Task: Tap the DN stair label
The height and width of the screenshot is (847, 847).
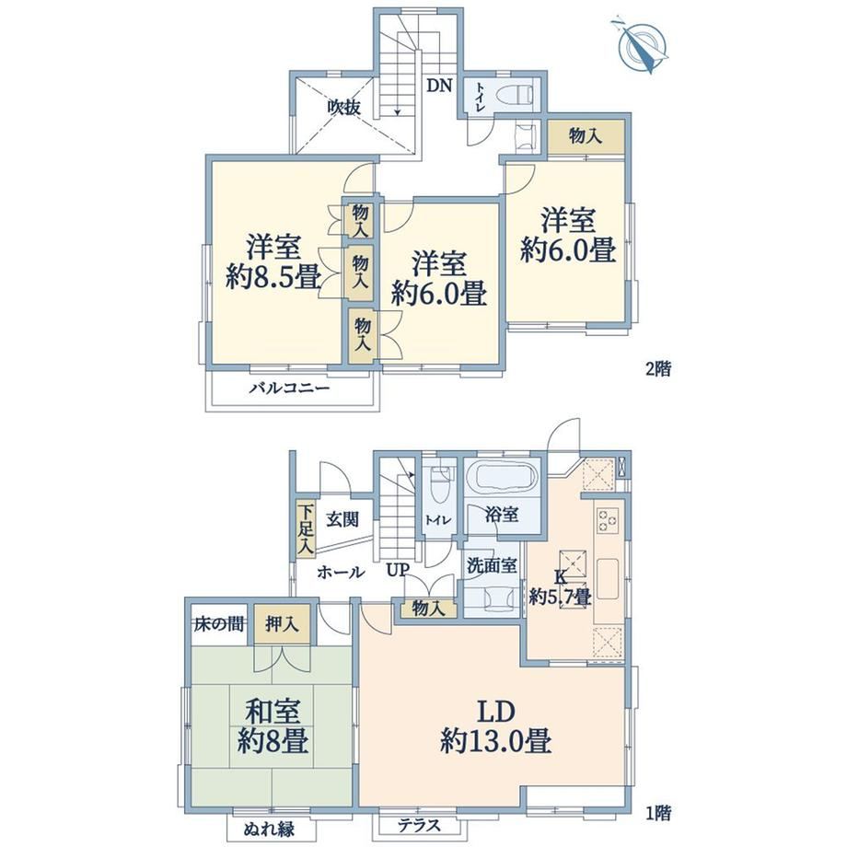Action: tap(439, 86)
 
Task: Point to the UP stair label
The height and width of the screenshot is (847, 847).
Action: tap(398, 570)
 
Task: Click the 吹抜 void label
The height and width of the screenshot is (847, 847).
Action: tap(343, 108)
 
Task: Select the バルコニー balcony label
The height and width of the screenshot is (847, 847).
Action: tap(289, 389)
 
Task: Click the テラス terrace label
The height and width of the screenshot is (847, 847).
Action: tap(419, 826)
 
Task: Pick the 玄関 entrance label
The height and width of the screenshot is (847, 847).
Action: tap(342, 519)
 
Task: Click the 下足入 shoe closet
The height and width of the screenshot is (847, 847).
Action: tap(307, 529)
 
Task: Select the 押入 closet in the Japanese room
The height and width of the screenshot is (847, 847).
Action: tap(282, 624)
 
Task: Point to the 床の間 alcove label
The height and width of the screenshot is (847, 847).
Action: tap(219, 624)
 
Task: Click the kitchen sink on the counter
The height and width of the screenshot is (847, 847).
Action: tap(608, 579)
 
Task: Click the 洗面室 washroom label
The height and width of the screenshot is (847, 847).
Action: tap(493, 565)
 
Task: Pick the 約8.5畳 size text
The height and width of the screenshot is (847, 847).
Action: tap(273, 279)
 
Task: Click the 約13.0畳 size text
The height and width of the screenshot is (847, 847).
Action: tap(496, 741)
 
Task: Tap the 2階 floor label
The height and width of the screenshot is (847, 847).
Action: tap(658, 369)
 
